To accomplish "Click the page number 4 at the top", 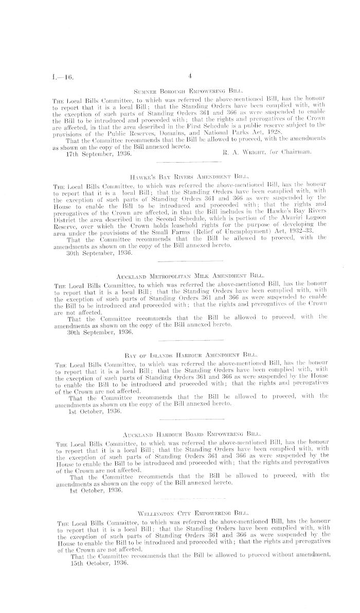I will [190, 75].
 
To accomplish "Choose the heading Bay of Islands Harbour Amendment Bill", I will [190, 355].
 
